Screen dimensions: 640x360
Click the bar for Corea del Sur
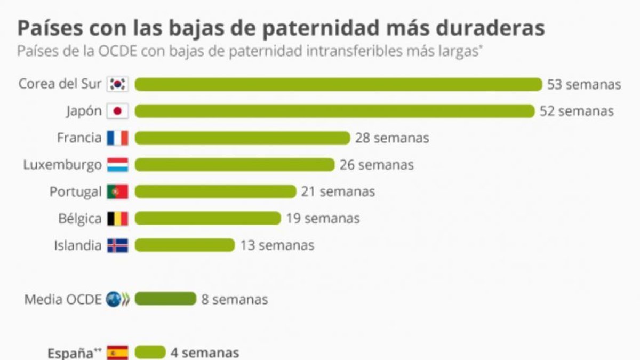click(x=338, y=84)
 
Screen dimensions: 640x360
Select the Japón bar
click(x=334, y=111)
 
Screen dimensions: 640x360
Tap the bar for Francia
click(x=242, y=138)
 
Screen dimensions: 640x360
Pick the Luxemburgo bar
click(x=235, y=165)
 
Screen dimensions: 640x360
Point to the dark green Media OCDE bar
click(x=165, y=299)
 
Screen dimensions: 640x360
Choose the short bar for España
click(x=150, y=353)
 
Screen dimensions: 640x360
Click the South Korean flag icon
click(x=118, y=84)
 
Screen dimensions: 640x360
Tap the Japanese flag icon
click(x=118, y=111)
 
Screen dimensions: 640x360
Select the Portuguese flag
click(x=118, y=191)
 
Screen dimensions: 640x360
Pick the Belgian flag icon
click(x=118, y=219)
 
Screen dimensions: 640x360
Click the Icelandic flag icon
click(x=118, y=245)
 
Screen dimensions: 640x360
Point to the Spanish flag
click(x=118, y=353)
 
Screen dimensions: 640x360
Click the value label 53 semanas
click(x=584, y=85)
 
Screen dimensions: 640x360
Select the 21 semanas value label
click(x=338, y=191)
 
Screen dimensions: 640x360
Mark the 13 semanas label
click(x=277, y=245)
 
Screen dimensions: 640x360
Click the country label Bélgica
click(x=80, y=219)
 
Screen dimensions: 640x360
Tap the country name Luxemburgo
click(x=62, y=165)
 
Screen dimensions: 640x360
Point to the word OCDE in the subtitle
click(x=117, y=51)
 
